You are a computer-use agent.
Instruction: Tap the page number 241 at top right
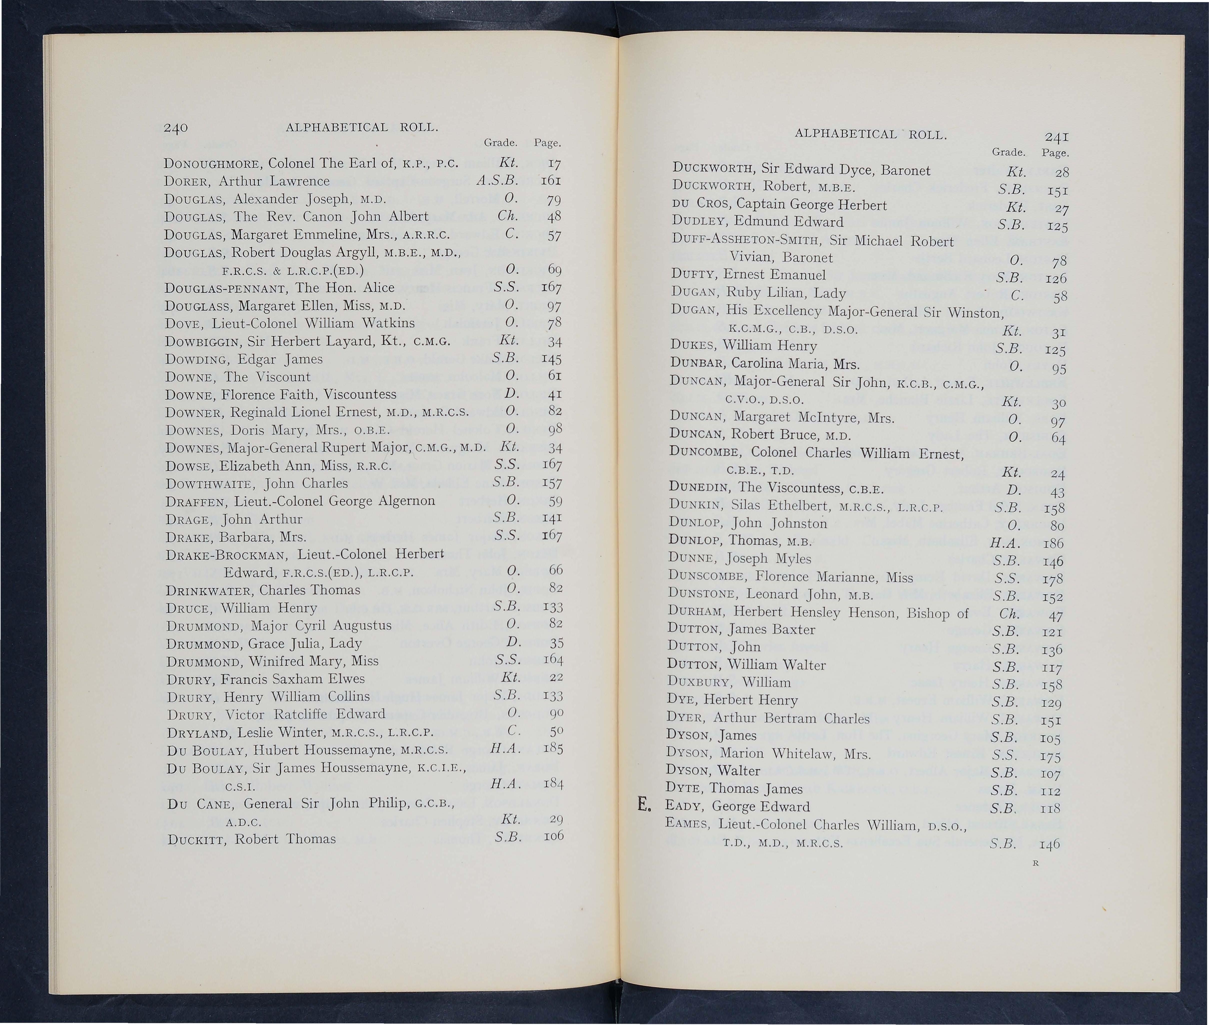point(1057,137)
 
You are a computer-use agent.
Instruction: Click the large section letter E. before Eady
point(643,805)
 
